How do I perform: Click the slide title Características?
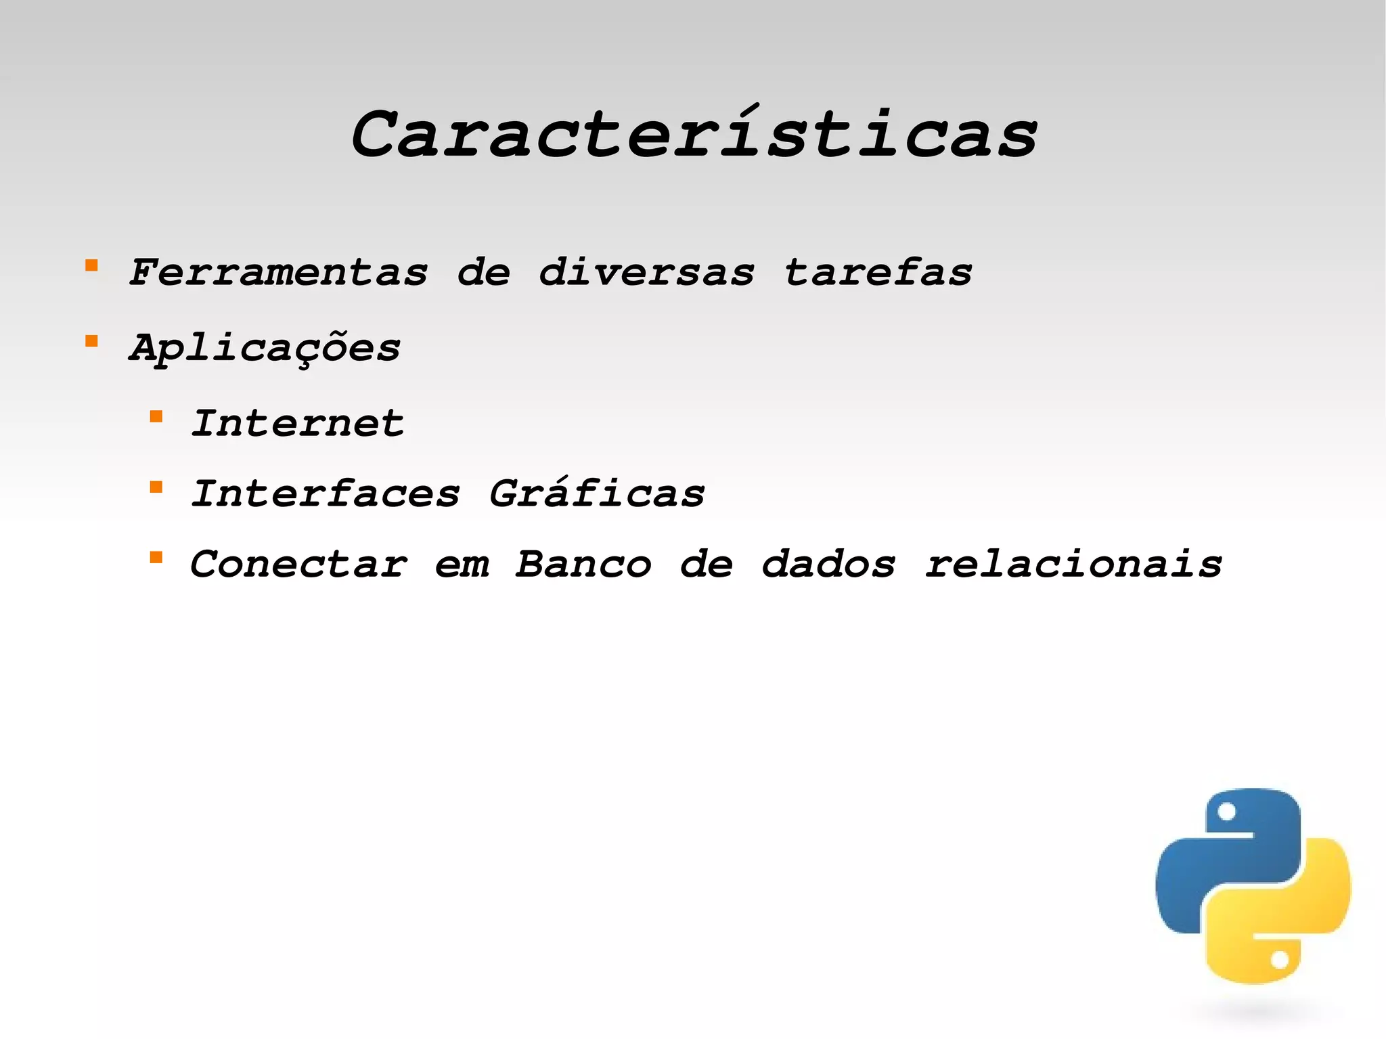[x=694, y=134]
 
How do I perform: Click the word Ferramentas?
[x=278, y=273]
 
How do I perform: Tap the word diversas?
[x=646, y=273]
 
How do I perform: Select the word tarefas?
[x=878, y=273]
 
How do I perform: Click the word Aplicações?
[x=265, y=349]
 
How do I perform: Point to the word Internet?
[x=298, y=424]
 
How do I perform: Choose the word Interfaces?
[x=326, y=493]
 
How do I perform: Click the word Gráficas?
[x=597, y=493]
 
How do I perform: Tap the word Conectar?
[x=299, y=564]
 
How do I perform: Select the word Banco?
[x=583, y=564]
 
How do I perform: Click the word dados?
[x=828, y=564]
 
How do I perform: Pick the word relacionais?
[x=1073, y=564]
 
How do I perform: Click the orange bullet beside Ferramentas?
[x=91, y=265]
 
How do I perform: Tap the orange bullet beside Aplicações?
[x=91, y=341]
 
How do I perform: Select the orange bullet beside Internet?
[x=156, y=416]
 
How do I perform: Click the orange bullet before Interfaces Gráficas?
[x=156, y=487]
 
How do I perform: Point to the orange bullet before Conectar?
[x=156, y=557]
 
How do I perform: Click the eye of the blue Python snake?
[x=1226, y=812]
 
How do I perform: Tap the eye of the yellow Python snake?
[x=1279, y=960]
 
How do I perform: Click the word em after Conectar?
[x=462, y=565]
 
